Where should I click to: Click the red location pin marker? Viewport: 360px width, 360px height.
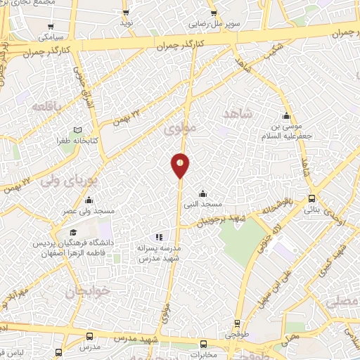pyautogui.click(x=180, y=165)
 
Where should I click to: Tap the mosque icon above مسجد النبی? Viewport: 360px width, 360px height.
pyautogui.click(x=202, y=193)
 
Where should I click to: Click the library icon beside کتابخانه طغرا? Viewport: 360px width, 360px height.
pyautogui.click(x=77, y=130)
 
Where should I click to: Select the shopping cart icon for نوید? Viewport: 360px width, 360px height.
pyautogui.click(x=126, y=13)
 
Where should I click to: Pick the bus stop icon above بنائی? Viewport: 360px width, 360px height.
pyautogui.click(x=312, y=199)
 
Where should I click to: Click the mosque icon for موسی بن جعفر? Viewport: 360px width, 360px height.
pyautogui.click(x=285, y=117)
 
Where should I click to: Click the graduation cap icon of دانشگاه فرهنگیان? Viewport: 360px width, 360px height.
pyautogui.click(x=72, y=232)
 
